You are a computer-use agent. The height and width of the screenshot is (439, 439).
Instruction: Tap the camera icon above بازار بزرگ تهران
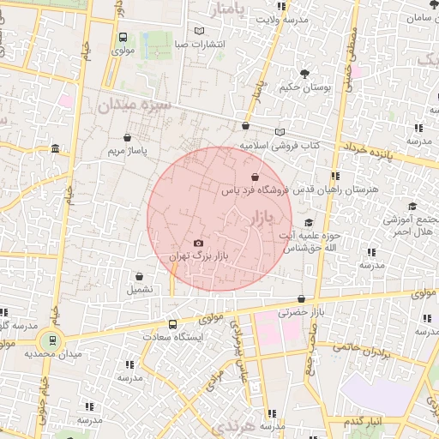[x=199, y=244]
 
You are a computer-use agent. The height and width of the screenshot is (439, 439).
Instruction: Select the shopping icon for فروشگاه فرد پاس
[x=255, y=177]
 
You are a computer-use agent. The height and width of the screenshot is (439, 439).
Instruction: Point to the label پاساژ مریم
[x=128, y=150]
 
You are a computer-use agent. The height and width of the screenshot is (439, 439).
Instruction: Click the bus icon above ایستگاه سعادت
[x=172, y=324]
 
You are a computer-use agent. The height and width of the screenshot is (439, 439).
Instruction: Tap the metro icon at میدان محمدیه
[x=53, y=340]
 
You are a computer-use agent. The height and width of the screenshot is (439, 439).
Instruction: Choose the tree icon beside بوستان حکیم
[x=304, y=73]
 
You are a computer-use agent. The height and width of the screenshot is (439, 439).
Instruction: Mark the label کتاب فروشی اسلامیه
[x=280, y=146]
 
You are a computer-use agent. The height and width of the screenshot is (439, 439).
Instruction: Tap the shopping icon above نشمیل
[x=140, y=276]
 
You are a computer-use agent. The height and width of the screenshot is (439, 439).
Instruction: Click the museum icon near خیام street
[x=56, y=149]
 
